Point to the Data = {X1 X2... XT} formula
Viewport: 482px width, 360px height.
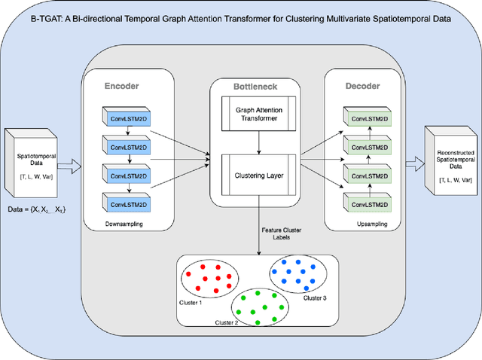click(x=37, y=208)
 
